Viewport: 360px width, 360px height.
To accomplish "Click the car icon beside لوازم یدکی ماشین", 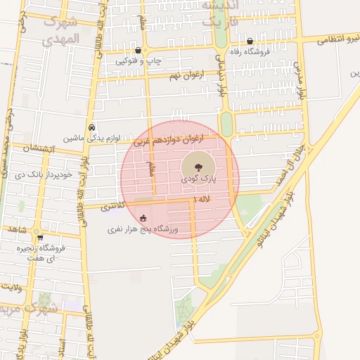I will (x=92, y=127).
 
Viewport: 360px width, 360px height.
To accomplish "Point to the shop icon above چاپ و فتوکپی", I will (x=138, y=51).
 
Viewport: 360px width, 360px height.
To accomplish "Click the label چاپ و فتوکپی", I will (x=139, y=61).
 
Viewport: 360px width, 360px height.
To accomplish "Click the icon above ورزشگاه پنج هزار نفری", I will (x=143, y=218).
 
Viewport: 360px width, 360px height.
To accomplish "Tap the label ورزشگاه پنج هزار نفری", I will (x=143, y=229).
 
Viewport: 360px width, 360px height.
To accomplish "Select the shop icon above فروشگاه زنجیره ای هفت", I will (x=39, y=238).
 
